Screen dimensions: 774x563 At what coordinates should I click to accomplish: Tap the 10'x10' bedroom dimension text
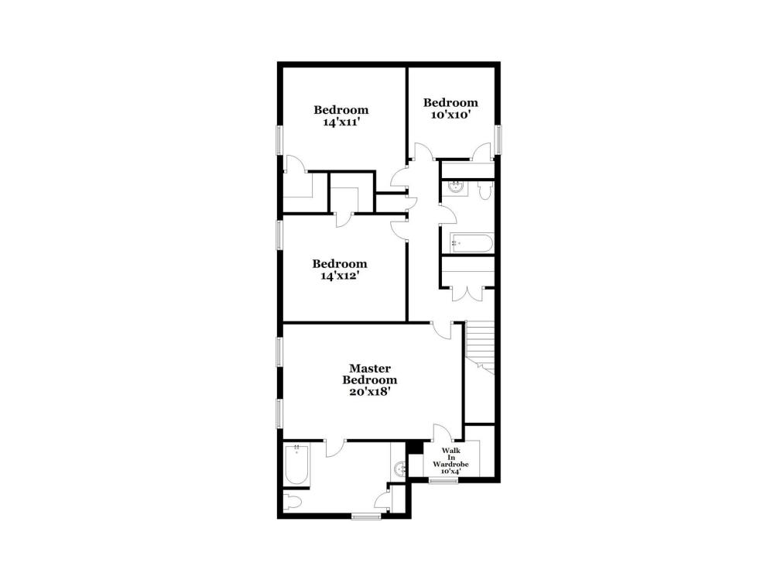click(450, 115)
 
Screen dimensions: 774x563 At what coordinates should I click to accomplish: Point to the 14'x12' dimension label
click(339, 276)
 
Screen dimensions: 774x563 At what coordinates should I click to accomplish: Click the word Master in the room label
click(370, 369)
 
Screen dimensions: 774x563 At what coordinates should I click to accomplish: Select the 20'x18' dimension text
click(370, 392)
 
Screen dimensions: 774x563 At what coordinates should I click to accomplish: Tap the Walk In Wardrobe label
click(450, 461)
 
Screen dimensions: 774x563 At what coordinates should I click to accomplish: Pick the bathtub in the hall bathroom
click(472, 243)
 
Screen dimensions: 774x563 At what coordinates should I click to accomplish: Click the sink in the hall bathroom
click(455, 187)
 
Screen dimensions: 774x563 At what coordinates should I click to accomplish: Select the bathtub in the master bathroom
click(296, 465)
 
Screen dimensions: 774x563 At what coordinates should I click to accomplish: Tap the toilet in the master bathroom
click(293, 503)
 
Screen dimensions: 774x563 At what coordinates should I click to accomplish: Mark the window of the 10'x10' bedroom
click(498, 139)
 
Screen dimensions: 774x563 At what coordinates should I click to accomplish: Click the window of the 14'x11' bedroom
click(279, 139)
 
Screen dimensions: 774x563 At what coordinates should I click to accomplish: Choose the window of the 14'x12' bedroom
click(279, 235)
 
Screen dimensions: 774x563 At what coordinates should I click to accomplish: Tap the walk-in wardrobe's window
click(444, 480)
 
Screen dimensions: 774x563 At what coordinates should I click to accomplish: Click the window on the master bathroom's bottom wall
click(366, 516)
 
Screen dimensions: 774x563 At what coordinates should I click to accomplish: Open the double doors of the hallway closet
click(467, 294)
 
